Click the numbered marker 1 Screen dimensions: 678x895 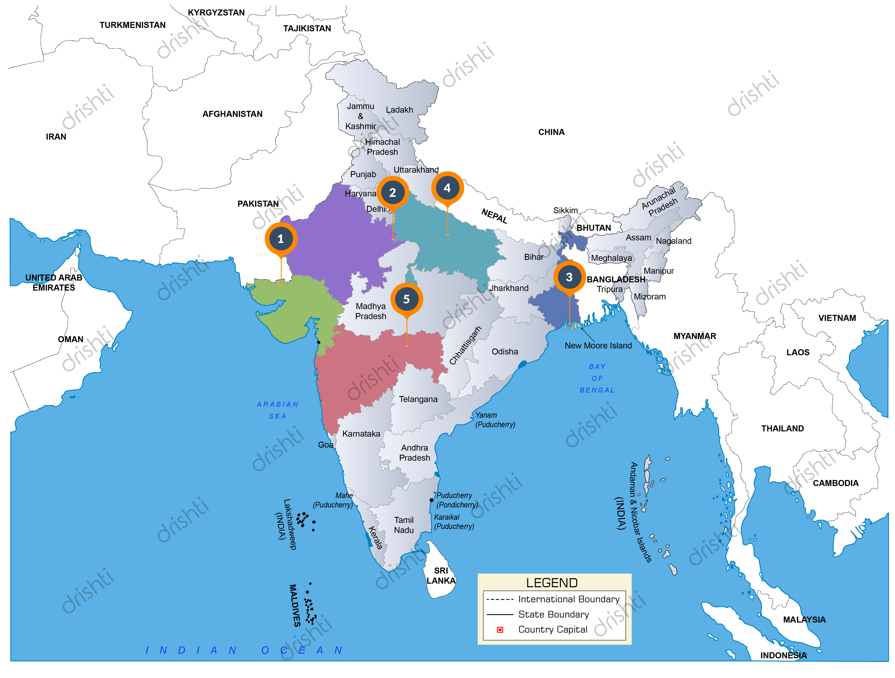(x=281, y=239)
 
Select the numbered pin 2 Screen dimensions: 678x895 (x=392, y=193)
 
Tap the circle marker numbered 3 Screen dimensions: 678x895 (x=569, y=277)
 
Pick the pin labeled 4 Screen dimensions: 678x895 (x=447, y=188)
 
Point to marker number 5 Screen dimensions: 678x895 (x=407, y=299)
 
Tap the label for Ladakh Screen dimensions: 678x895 (x=399, y=110)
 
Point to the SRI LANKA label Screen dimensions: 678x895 (x=441, y=576)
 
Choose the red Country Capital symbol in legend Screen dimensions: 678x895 (x=500, y=630)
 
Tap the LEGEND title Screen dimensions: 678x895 (x=552, y=583)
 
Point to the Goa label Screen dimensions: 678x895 (x=325, y=445)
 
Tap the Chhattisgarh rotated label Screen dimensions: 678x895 (x=466, y=345)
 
